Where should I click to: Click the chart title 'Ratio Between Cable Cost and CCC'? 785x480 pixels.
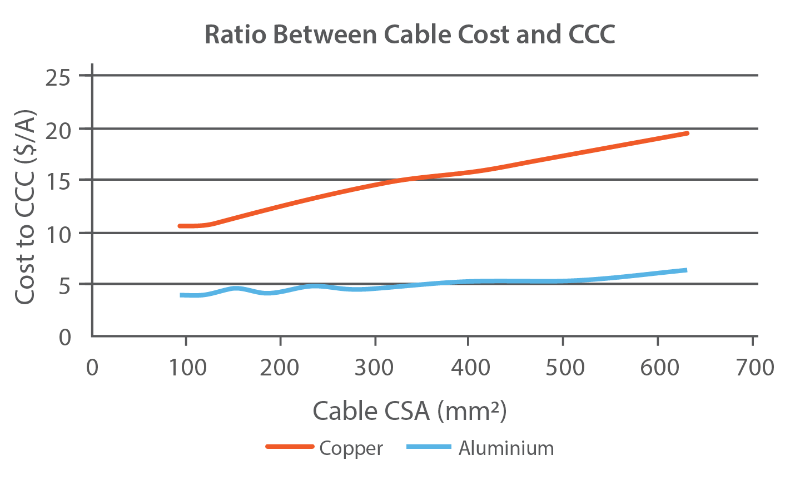point(410,34)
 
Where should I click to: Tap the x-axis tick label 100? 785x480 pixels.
point(186,368)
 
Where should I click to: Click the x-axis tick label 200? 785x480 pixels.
point(280,368)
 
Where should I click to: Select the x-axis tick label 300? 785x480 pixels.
point(375,368)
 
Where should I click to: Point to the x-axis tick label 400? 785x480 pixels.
point(469,368)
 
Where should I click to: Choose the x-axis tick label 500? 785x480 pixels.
point(564,368)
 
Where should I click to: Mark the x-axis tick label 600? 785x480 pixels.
point(658,368)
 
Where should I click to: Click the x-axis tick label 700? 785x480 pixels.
point(753,368)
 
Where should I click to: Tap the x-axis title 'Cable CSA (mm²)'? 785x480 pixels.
point(410,411)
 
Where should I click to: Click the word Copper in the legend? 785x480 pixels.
point(351,448)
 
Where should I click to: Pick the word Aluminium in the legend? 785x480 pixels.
point(506,448)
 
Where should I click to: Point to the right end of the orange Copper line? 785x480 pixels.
point(687,133)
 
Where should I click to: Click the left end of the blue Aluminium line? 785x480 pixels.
point(182,295)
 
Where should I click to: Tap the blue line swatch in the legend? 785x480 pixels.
point(428,447)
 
